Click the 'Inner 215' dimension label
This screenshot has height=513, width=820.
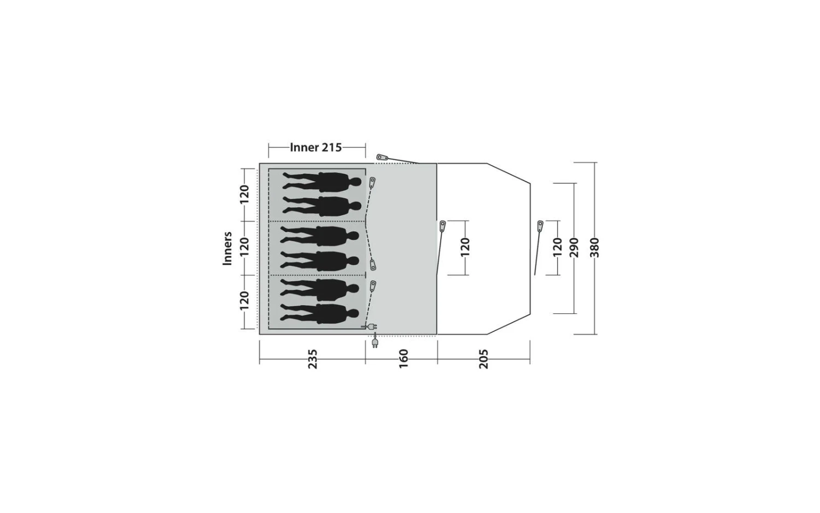[315, 147]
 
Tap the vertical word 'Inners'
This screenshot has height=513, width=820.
[227, 248]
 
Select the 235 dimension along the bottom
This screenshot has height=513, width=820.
[312, 359]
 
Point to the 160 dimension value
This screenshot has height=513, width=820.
[403, 359]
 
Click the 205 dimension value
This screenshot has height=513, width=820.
[484, 359]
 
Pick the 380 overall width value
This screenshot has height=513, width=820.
[595, 248]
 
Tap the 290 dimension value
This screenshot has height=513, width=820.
[575, 248]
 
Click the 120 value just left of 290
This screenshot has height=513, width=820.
[557, 248]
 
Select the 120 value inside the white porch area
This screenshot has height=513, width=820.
[465, 248]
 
